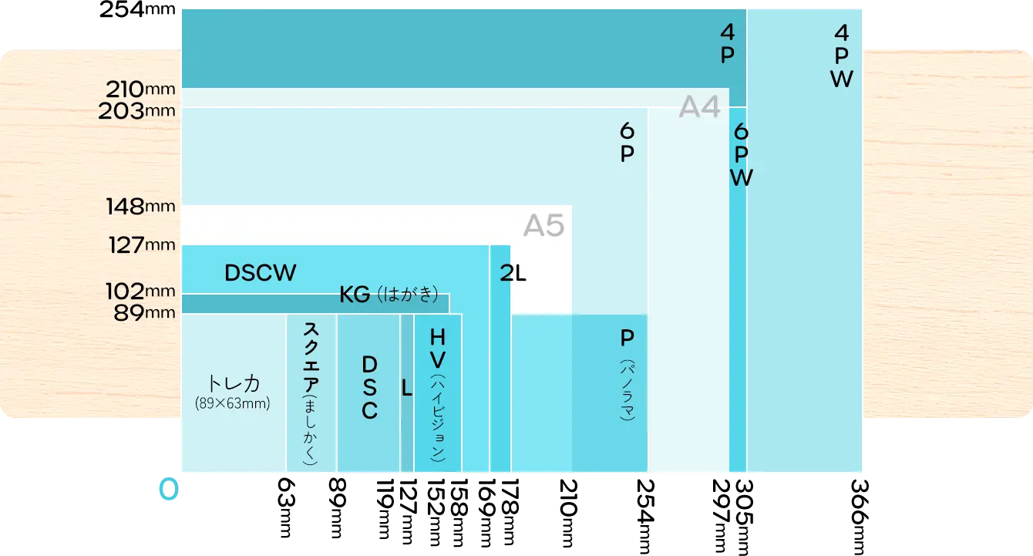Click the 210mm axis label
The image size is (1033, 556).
(x=138, y=89)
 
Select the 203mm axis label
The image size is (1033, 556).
(x=136, y=111)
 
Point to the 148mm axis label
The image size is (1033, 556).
(x=141, y=207)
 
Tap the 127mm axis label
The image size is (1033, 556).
(x=141, y=245)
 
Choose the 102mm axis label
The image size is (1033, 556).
(x=140, y=291)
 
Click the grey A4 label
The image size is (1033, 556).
(x=699, y=108)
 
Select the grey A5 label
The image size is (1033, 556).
(x=543, y=226)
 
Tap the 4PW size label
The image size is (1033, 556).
(x=842, y=56)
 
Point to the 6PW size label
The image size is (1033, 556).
(x=741, y=154)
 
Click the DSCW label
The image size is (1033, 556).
(x=260, y=273)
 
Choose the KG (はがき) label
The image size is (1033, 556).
(x=389, y=295)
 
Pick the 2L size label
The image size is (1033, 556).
(x=513, y=273)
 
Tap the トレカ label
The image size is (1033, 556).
(x=234, y=384)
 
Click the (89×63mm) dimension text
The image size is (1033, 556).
(x=234, y=403)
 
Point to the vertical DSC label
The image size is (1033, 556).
(x=369, y=387)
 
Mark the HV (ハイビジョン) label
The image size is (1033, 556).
(x=438, y=393)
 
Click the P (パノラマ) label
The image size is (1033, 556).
(x=627, y=374)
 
